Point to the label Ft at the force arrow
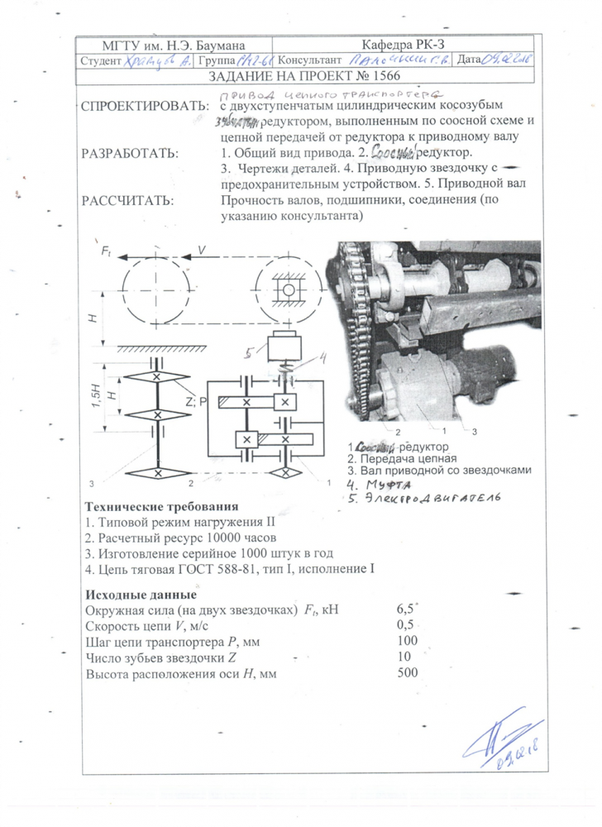[106, 249]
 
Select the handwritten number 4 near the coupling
[324, 358]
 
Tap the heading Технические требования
[162, 506]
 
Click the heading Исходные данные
[141, 594]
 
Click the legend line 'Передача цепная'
[401, 458]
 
